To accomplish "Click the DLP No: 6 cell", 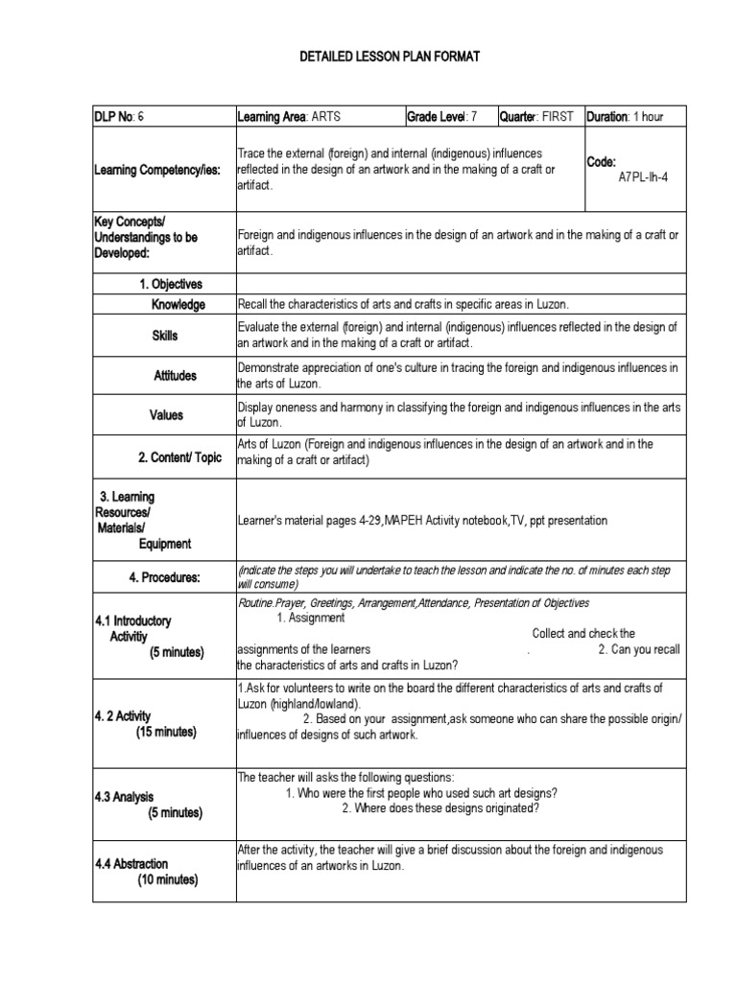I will coord(119,117).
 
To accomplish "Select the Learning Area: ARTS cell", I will coord(289,117).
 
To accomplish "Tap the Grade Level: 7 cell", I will coord(441,117).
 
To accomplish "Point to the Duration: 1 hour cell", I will coord(625,117).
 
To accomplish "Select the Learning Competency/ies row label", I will coord(157,170).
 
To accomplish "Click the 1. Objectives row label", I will coord(171,284).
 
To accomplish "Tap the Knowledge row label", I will coord(178,305).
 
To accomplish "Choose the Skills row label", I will coord(164,336).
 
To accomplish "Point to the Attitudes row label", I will coord(175,376).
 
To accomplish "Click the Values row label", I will coord(165,415).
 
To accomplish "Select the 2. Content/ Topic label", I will coord(179,457).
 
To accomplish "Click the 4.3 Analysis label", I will coord(124,797).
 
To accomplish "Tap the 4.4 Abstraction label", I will coord(131,864).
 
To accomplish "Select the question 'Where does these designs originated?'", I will coord(440,807).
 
